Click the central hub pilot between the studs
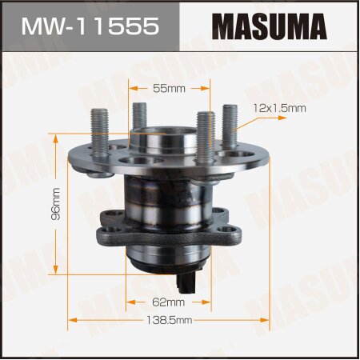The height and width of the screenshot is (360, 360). [x=166, y=140]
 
